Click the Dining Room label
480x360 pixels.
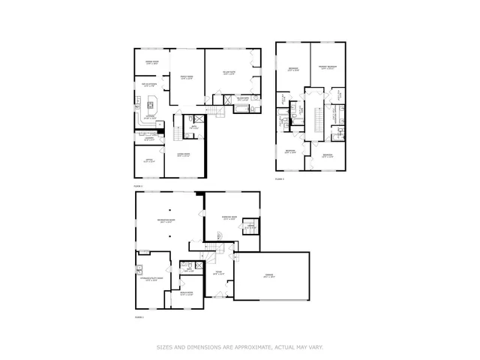[x=151, y=64]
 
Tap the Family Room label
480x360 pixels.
[x=186, y=77]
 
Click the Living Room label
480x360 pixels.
[x=182, y=155]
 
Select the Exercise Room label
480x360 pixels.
[x=229, y=217]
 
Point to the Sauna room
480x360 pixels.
[x=251, y=227]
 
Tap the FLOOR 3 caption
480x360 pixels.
[x=279, y=179]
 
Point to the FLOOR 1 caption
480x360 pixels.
[x=138, y=318]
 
